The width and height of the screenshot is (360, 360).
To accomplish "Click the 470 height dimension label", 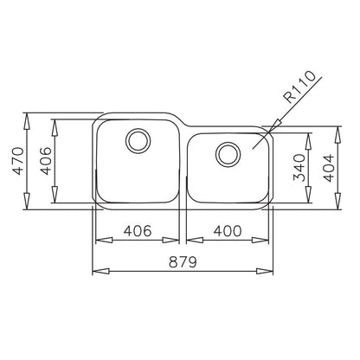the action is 19,161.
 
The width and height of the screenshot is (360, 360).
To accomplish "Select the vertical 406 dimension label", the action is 45,161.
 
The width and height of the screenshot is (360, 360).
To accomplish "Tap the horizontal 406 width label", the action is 138,231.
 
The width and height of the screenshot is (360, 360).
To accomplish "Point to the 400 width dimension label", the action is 228,231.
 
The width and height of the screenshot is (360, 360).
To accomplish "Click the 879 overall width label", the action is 183,262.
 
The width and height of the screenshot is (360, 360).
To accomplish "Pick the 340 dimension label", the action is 299,168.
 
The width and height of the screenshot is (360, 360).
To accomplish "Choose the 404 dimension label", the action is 329,169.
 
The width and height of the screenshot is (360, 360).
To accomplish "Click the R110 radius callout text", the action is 299,87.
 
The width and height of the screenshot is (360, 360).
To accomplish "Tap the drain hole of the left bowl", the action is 138,141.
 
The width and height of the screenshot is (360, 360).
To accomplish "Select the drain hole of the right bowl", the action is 228,154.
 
